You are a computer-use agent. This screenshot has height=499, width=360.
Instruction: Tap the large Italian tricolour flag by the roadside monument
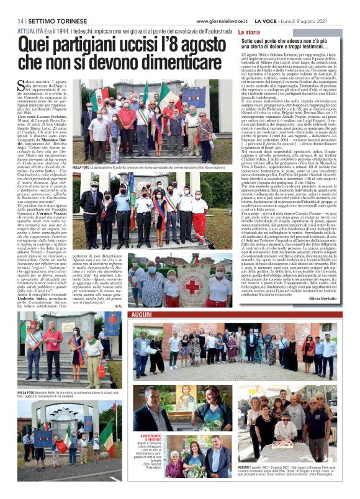107,431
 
